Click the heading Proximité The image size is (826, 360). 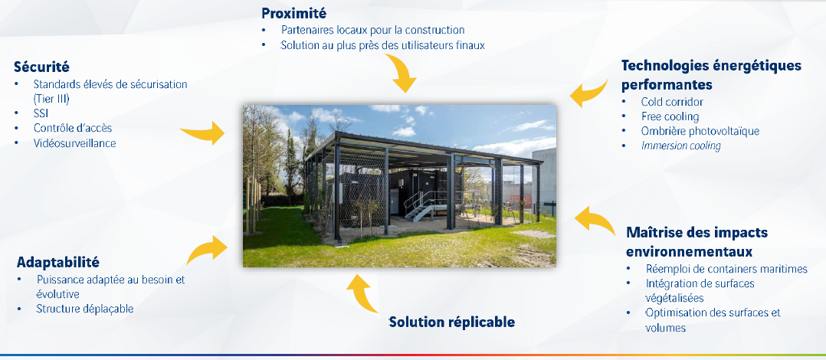[x=294, y=13]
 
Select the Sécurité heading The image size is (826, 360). [x=41, y=67]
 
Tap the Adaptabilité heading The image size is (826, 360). [x=58, y=262]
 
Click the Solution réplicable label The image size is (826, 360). [x=451, y=322]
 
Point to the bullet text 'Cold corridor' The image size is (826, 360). [x=672, y=102]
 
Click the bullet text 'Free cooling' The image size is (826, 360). [x=670, y=116]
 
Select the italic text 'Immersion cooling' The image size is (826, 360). [x=680, y=146]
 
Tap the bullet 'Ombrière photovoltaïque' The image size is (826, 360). [x=700, y=131]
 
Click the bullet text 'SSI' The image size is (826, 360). [x=41, y=113]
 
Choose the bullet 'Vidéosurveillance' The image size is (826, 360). [x=74, y=142]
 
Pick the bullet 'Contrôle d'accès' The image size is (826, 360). [x=73, y=128]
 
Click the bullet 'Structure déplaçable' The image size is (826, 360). [x=85, y=309]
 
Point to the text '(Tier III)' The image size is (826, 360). [x=51, y=98]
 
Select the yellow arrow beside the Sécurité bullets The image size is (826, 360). [x=207, y=133]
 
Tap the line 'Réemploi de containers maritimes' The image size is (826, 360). [x=726, y=269]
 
